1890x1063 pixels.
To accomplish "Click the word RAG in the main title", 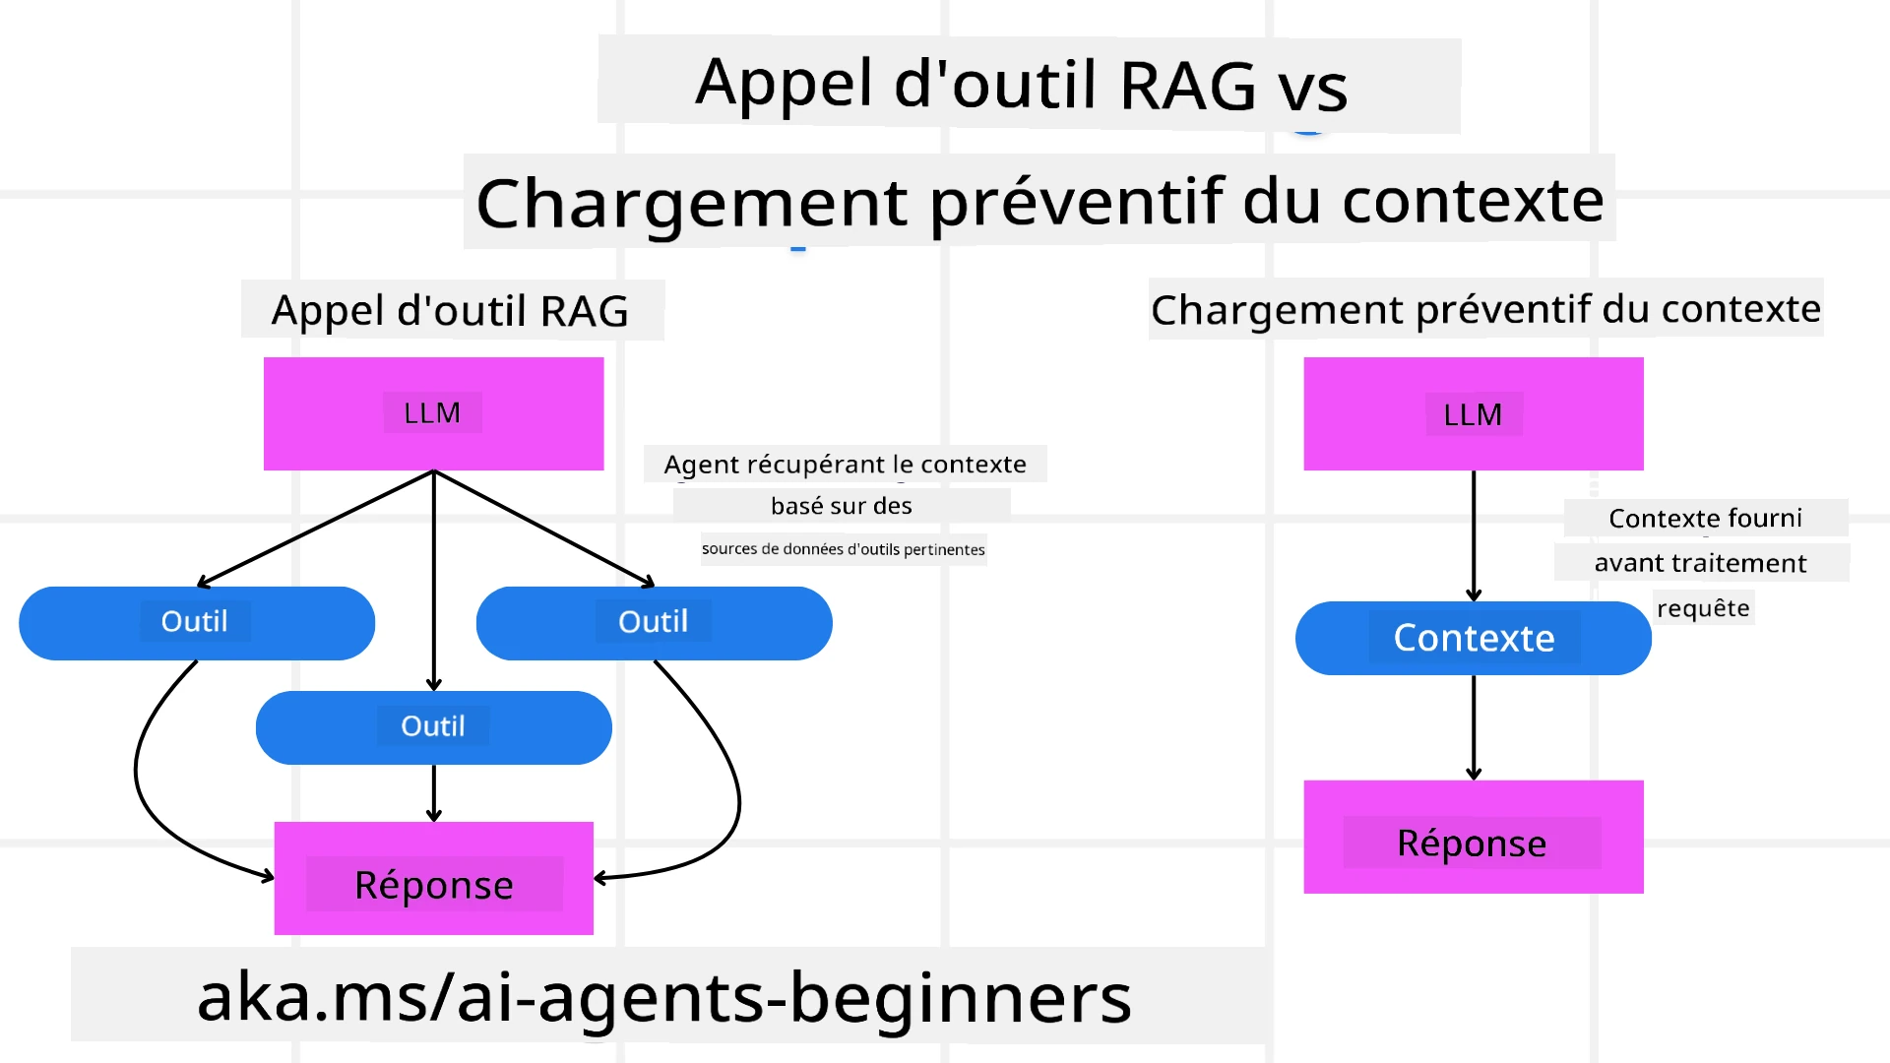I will tap(1187, 86).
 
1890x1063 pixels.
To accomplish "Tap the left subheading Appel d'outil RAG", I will tap(450, 311).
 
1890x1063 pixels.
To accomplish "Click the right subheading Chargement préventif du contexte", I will tap(1485, 309).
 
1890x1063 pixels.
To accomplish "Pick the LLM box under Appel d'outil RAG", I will tap(433, 413).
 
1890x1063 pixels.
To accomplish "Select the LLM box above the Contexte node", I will tap(1473, 414).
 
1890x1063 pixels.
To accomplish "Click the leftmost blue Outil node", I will tap(196, 622).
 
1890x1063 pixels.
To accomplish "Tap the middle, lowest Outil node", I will tap(433, 727).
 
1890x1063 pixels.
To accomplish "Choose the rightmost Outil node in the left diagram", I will tap(654, 622).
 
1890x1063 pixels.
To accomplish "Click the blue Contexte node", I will tap(1473, 638).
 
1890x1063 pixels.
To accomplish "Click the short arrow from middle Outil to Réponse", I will tap(434, 792).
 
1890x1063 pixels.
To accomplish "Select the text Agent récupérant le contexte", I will tap(845, 465).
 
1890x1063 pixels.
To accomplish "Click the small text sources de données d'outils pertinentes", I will tap(843, 549).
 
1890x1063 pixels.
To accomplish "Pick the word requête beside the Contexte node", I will tap(1703, 608).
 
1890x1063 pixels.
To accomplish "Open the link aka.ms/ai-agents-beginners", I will tap(664, 997).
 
